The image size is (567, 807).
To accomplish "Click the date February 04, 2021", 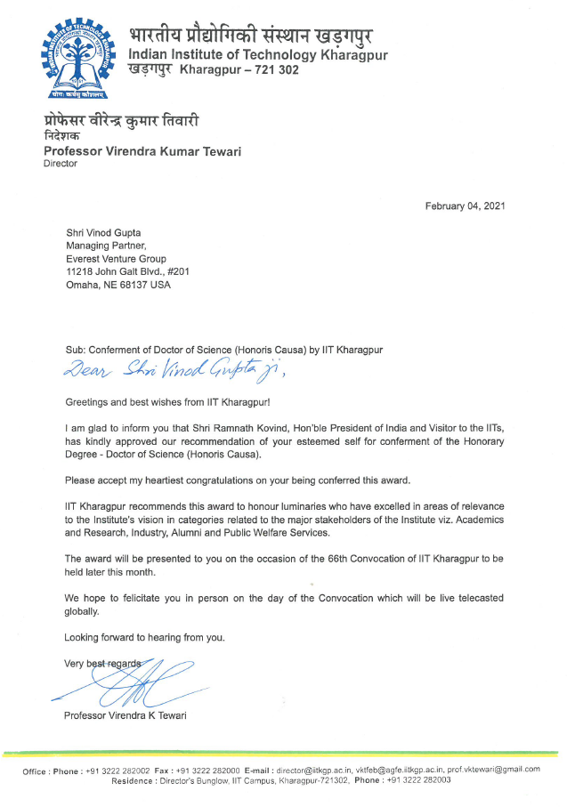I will pyautogui.click(x=466, y=206).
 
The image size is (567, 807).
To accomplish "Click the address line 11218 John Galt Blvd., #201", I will pyautogui.click(x=127, y=271).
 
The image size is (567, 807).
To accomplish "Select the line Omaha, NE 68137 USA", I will pyautogui.click(x=118, y=285).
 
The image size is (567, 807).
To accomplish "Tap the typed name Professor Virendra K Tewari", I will pyautogui.click(x=125, y=715).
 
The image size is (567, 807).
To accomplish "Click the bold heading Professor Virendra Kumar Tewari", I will pyautogui.click(x=142, y=151).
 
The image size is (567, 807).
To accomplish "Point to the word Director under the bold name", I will pyautogui.click(x=61, y=164).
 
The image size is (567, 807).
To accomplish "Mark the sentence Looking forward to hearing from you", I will pyautogui.click(x=144, y=637).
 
